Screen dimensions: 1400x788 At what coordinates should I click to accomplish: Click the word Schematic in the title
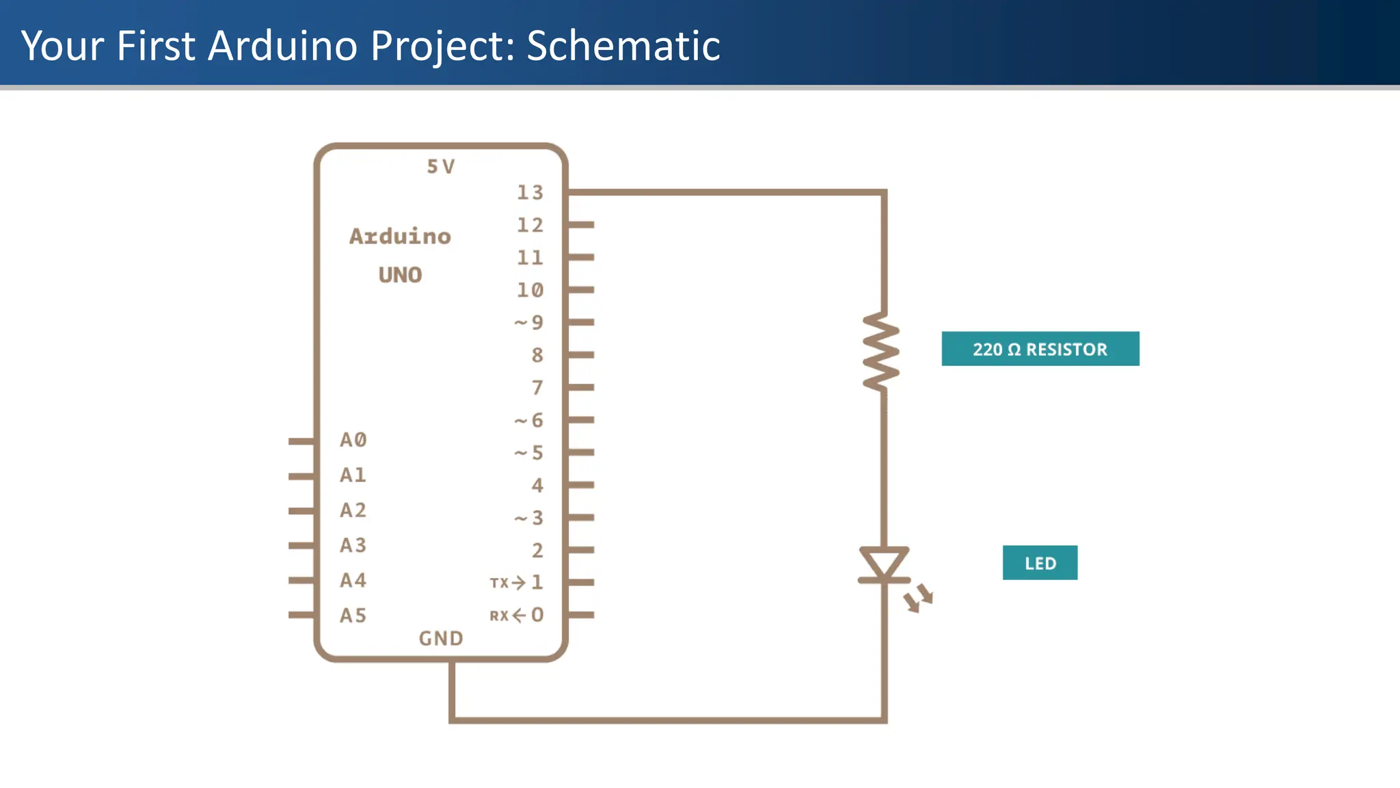click(623, 46)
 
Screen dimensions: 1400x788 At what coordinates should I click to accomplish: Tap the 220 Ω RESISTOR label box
click(1040, 349)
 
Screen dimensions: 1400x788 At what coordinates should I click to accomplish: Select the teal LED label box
click(1040, 563)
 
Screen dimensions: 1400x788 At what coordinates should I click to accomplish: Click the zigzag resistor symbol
click(882, 352)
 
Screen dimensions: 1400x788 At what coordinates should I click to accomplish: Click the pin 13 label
click(530, 193)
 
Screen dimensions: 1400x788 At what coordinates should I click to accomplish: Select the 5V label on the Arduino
click(441, 167)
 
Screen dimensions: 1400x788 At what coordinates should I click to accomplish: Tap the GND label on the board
click(441, 638)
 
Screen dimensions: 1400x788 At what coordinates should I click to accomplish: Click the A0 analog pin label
click(353, 440)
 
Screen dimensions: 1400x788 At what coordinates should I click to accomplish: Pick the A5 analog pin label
click(353, 616)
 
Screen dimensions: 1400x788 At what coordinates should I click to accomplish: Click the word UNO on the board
click(401, 275)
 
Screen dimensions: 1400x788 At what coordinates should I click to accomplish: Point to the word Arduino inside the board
click(401, 236)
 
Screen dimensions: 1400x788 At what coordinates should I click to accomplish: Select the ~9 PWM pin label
click(529, 322)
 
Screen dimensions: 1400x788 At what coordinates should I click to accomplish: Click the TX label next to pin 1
click(499, 583)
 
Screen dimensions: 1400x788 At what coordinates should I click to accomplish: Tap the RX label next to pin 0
click(499, 616)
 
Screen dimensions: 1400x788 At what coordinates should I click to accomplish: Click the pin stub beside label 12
click(581, 224)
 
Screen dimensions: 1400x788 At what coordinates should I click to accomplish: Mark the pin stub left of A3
click(301, 545)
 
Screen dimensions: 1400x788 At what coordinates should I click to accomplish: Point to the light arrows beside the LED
click(919, 598)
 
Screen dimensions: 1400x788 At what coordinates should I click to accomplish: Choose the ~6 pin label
click(529, 420)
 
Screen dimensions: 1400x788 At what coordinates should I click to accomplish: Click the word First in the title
click(156, 46)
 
